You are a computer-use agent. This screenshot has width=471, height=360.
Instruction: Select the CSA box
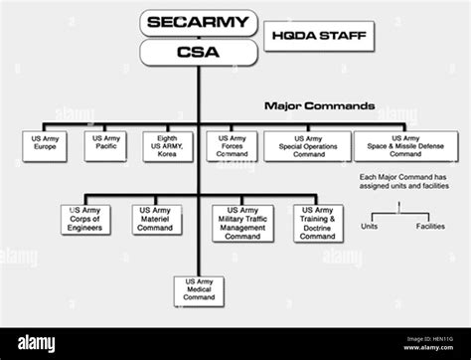pos(199,52)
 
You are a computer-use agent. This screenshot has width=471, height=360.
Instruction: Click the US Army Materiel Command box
pos(155,220)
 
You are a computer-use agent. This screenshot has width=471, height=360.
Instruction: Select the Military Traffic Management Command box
pos(243,224)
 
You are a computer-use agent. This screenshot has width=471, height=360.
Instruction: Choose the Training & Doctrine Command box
pos(318,224)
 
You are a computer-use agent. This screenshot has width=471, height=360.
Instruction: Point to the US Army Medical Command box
pos(199,289)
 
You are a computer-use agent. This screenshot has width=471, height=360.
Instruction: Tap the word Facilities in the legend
pos(429,226)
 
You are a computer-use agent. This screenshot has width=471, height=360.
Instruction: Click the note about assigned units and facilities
pos(403,184)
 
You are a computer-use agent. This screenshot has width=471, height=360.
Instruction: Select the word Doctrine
pos(318,228)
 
